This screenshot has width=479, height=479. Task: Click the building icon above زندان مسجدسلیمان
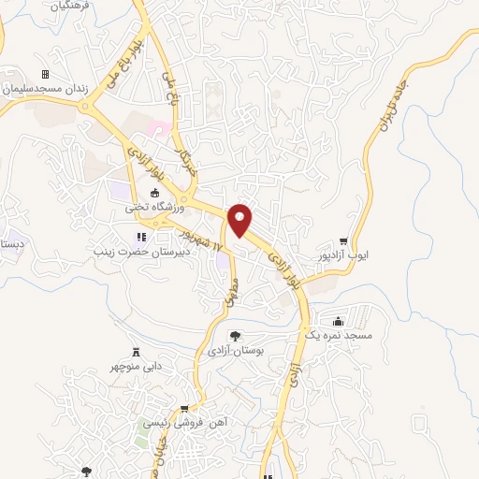44,74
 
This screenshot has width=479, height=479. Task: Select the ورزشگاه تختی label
154,208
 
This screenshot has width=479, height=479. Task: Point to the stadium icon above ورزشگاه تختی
154,193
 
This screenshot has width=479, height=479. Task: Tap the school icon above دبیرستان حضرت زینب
141,238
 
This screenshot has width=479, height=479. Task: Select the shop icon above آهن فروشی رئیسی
184,408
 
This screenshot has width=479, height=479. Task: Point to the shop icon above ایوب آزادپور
343,240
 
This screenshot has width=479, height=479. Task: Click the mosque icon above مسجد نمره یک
338,320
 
